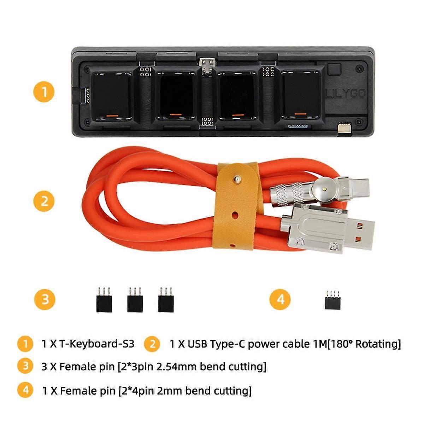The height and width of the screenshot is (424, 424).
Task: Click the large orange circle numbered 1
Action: pyautogui.click(x=44, y=92)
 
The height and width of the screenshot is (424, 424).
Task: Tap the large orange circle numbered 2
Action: pyautogui.click(x=44, y=201)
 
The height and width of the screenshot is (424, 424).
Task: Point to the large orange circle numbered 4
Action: pyautogui.click(x=280, y=299)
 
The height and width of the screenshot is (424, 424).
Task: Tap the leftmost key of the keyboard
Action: pyautogui.click(x=112, y=95)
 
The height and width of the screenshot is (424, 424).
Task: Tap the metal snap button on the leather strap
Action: pyautogui.click(x=237, y=180)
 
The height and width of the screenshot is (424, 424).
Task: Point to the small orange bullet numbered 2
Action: pyautogui.click(x=152, y=344)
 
